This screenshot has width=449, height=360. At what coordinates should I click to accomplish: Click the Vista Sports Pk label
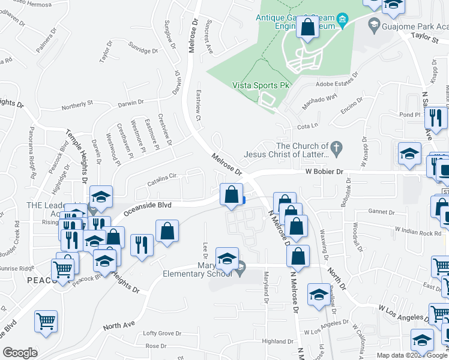pyautogui.click(x=261, y=85)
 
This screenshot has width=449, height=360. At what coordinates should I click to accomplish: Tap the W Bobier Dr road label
pyautogui.click(x=322, y=172)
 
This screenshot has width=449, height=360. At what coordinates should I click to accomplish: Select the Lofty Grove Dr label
pyautogui.click(x=162, y=333)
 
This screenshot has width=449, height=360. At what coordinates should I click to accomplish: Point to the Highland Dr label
pyautogui.click(x=277, y=341)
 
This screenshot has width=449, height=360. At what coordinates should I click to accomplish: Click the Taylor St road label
pyautogui.click(x=426, y=37)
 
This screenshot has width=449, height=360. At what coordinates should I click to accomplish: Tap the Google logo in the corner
pyautogui.click(x=20, y=353)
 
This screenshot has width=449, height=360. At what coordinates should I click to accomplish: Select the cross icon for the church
pyautogui.click(x=337, y=146)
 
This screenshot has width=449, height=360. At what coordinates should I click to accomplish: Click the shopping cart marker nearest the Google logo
pyautogui.click(x=46, y=322)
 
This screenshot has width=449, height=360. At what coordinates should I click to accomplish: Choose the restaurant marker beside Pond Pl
pyautogui.click(x=436, y=118)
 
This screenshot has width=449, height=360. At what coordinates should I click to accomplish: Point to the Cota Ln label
pyautogui.click(x=307, y=127)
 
